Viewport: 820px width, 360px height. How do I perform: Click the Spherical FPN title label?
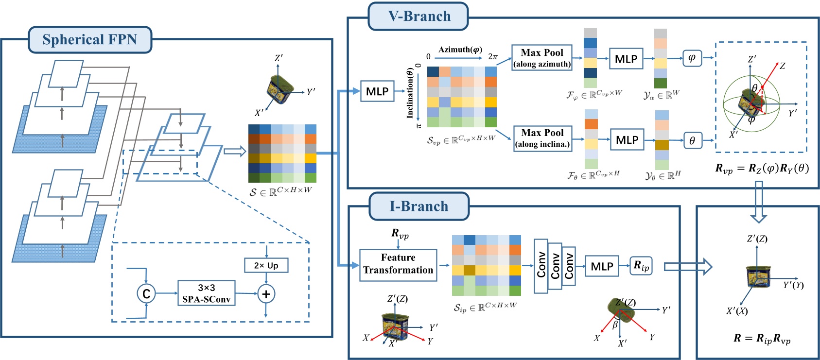(x=90, y=40)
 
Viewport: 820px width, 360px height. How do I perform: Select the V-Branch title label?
(x=419, y=16)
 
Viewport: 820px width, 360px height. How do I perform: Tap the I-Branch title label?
(x=419, y=206)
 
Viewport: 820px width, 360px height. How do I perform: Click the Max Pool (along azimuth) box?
(x=542, y=58)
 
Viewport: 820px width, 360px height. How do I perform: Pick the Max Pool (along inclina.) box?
(x=542, y=138)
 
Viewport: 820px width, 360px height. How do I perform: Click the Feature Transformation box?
(x=398, y=264)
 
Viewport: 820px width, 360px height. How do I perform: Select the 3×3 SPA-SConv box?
(x=206, y=293)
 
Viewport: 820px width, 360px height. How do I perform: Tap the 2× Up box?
(x=266, y=265)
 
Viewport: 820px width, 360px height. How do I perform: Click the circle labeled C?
(x=146, y=293)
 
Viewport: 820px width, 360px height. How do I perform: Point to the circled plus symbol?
(x=266, y=294)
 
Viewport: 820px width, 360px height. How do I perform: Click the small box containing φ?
(x=692, y=58)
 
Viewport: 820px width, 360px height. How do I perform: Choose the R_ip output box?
(x=641, y=266)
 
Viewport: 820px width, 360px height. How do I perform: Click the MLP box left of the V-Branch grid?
(x=377, y=91)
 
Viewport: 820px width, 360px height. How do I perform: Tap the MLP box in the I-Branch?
(x=602, y=266)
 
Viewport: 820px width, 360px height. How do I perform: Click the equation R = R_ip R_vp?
(x=762, y=339)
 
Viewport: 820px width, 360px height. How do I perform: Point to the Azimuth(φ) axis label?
(x=460, y=50)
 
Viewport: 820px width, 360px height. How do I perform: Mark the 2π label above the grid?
(x=493, y=57)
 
